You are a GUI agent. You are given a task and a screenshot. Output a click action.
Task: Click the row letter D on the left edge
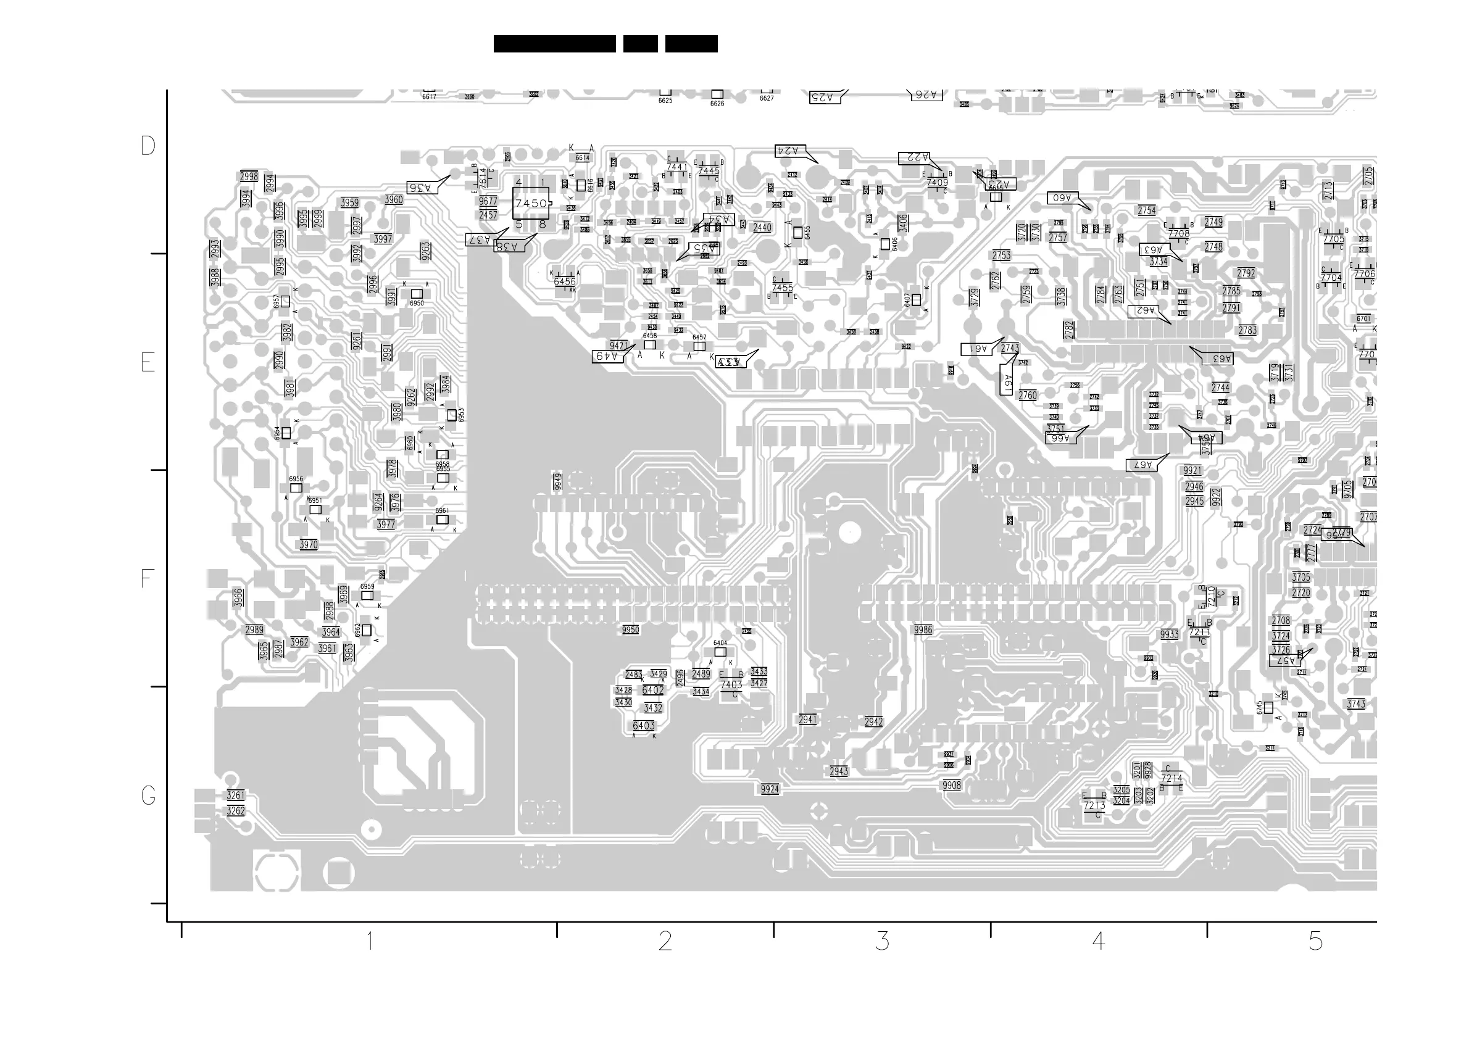(148, 146)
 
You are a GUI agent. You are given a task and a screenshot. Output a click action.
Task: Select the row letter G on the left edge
(148, 795)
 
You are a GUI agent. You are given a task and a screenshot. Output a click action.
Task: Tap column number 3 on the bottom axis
(882, 940)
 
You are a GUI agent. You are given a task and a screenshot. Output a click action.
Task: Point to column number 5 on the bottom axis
(1315, 940)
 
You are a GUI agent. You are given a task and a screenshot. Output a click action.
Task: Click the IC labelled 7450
(531, 204)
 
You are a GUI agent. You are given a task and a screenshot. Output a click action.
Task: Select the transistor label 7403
(731, 684)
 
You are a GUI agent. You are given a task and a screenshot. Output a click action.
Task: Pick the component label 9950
(630, 630)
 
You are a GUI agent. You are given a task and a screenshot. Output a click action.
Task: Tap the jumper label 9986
(923, 630)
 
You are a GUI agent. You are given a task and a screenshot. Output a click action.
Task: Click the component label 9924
(770, 789)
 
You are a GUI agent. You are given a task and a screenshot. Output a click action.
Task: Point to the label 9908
(951, 786)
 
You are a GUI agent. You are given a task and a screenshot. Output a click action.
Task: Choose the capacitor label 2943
(839, 771)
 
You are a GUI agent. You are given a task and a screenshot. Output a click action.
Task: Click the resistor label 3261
(235, 795)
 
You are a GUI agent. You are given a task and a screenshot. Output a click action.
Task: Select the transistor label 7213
(1095, 806)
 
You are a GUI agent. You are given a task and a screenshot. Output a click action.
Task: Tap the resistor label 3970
(309, 545)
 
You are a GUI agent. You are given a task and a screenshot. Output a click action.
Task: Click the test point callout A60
(1063, 198)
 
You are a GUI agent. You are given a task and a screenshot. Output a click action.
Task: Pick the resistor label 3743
(1356, 704)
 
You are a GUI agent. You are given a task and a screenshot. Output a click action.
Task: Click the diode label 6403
(644, 725)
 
